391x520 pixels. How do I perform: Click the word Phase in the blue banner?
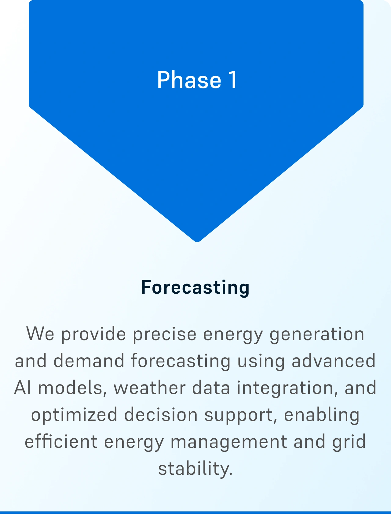tap(189, 80)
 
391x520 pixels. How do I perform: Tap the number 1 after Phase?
tap(232, 80)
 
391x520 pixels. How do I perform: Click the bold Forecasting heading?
tap(195, 288)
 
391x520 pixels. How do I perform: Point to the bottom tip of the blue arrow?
tap(197, 242)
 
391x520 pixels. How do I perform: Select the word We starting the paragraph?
tap(40, 334)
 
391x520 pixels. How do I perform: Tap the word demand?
tap(89, 361)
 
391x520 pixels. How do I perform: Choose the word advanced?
tap(334, 361)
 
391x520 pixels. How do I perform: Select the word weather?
tap(149, 388)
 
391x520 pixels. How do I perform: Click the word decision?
tap(161, 414)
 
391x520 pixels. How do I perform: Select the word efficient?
tap(61, 441)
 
